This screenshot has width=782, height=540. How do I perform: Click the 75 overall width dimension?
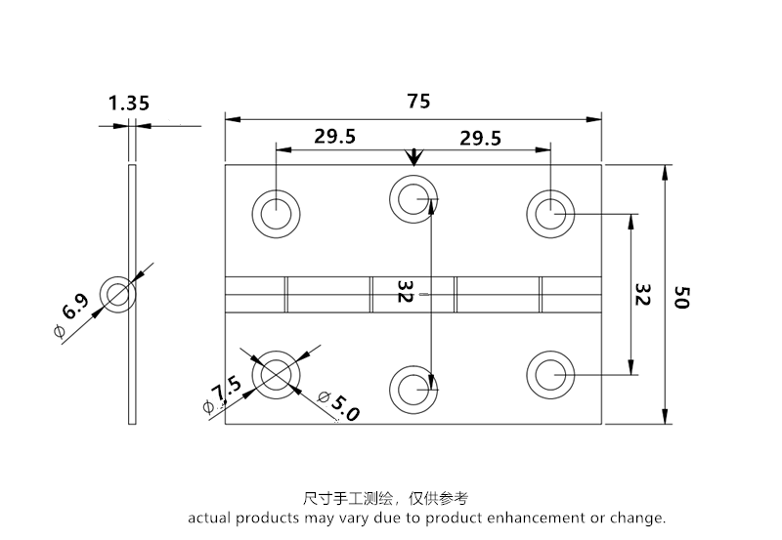[x=417, y=102]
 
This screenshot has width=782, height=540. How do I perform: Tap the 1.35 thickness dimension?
[x=128, y=103]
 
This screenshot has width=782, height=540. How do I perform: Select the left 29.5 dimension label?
[x=335, y=137]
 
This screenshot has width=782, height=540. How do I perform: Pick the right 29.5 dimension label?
[x=480, y=139]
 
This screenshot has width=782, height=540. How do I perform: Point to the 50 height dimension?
[x=683, y=297]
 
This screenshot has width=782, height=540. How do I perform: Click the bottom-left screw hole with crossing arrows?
[x=277, y=374]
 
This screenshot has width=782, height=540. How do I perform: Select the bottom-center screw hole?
[x=414, y=388]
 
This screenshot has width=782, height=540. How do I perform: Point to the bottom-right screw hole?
[x=551, y=374]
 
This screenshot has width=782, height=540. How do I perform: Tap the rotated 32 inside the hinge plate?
[x=406, y=293]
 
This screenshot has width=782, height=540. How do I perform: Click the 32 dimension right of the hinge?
[x=642, y=296]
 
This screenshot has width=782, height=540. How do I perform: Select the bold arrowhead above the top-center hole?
[x=414, y=157]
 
